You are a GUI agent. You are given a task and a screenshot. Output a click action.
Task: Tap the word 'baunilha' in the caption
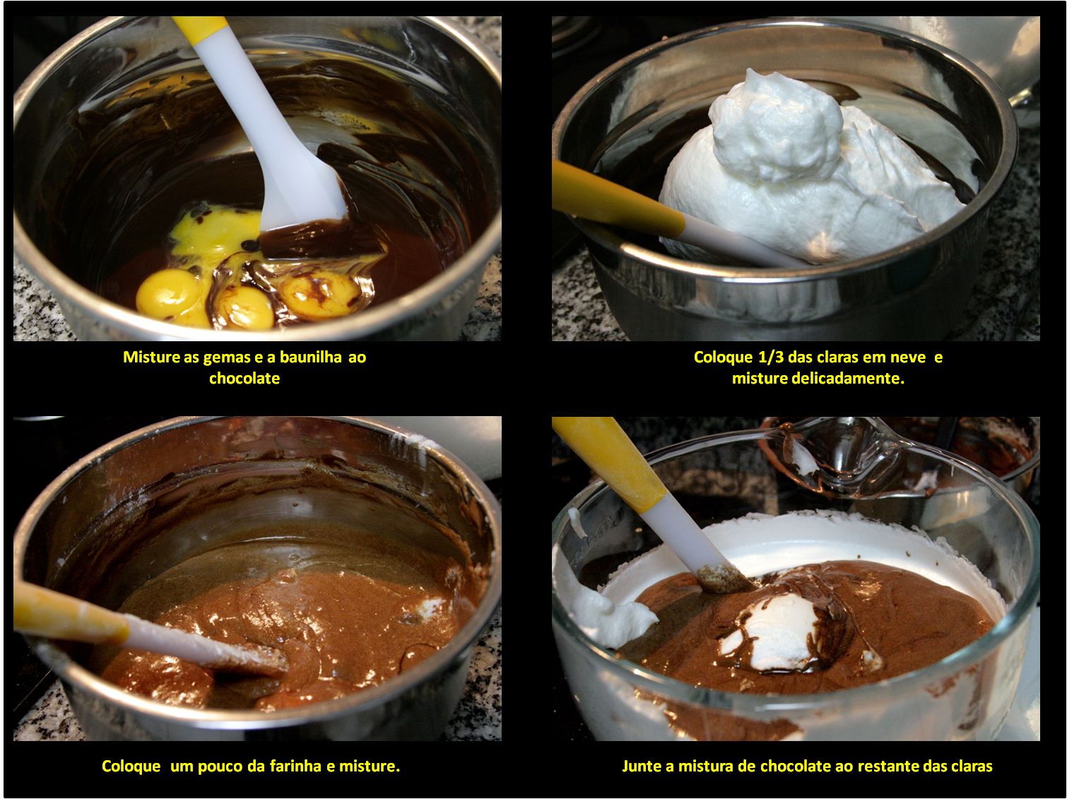pos(311,357)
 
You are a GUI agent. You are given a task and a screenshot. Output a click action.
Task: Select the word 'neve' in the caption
pos(908,358)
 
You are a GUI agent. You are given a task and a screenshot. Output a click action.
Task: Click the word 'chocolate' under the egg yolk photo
pos(244,378)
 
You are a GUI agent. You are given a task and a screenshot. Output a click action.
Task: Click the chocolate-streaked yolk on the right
pos(321,294)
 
